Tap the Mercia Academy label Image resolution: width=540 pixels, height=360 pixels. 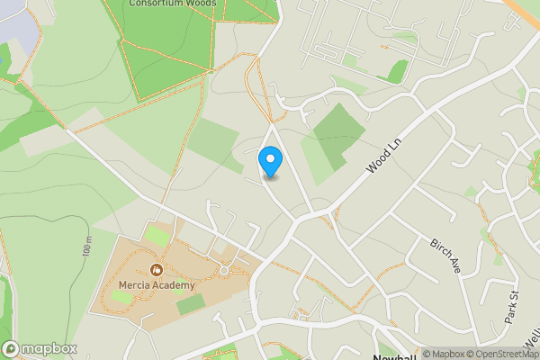(x=157, y=286)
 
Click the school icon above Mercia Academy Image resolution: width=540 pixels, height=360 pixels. (x=157, y=269)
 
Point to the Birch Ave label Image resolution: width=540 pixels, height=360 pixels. (x=445, y=257)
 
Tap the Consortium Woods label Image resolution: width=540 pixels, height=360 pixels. (x=173, y=4)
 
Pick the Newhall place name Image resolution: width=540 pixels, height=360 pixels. (x=392, y=355)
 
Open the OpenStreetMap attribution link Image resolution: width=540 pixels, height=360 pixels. (x=505, y=354)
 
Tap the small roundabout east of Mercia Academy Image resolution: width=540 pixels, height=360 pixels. (x=224, y=269)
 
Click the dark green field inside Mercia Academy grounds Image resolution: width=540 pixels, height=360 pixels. (x=190, y=305)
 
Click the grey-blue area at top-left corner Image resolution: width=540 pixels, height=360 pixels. (x=18, y=27)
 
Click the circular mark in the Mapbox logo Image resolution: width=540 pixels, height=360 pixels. (x=12, y=349)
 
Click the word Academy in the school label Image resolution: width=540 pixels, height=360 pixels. (x=173, y=286)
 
